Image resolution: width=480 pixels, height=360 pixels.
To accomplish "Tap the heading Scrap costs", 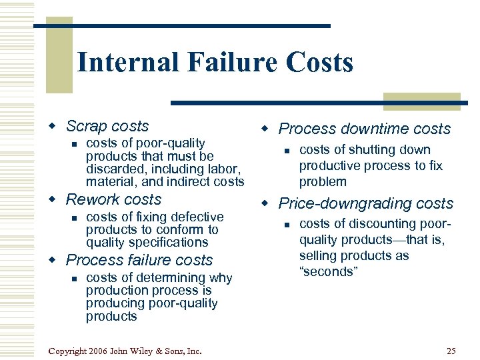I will pos(107,126).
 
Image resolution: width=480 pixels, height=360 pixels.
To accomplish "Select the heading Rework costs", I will pos(113,199).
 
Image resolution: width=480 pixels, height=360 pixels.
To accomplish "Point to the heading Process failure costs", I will pos(139,260).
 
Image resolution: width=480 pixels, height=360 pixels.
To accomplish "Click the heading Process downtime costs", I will pos(364,129).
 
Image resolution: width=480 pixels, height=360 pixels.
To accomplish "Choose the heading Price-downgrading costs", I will pos(365,203).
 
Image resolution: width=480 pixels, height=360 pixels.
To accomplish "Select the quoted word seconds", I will pos(328,271).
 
